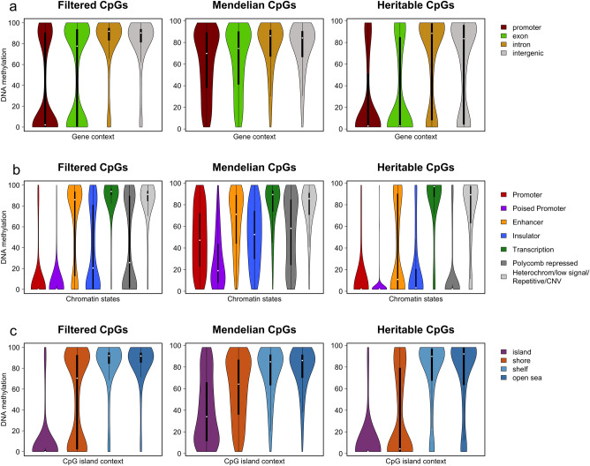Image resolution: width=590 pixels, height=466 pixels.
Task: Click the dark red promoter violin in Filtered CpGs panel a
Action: pos(45,97)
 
